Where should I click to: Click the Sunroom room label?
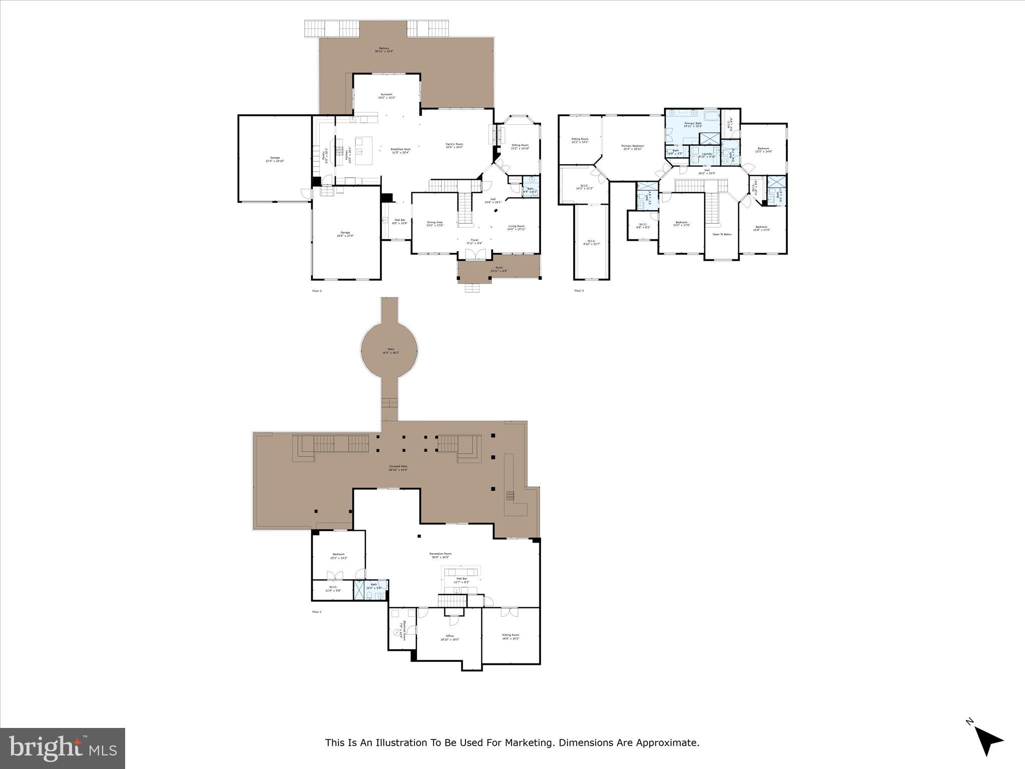click(x=386, y=96)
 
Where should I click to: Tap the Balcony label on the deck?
click(x=384, y=50)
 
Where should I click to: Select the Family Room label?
click(x=454, y=146)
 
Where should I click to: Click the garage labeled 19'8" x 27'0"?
click(x=345, y=234)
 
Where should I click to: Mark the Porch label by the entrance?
click(x=499, y=269)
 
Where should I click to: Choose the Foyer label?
click(x=474, y=242)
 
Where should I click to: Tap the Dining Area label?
click(x=434, y=224)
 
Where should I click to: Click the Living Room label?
click(x=517, y=227)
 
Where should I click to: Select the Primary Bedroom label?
click(x=633, y=147)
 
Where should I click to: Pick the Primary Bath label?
click(x=693, y=125)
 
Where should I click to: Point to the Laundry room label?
click(x=707, y=155)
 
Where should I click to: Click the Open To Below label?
click(x=722, y=234)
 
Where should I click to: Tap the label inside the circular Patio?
click(x=390, y=351)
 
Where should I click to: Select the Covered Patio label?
click(x=398, y=468)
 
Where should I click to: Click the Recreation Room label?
click(x=440, y=555)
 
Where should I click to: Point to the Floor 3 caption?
click(x=579, y=291)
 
